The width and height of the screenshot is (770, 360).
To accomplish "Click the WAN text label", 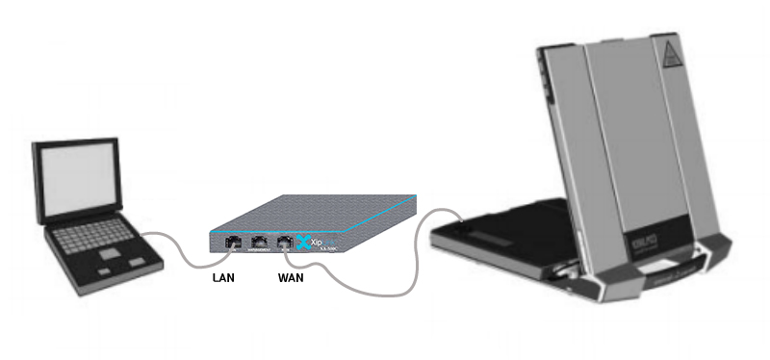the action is [x=291, y=278].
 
